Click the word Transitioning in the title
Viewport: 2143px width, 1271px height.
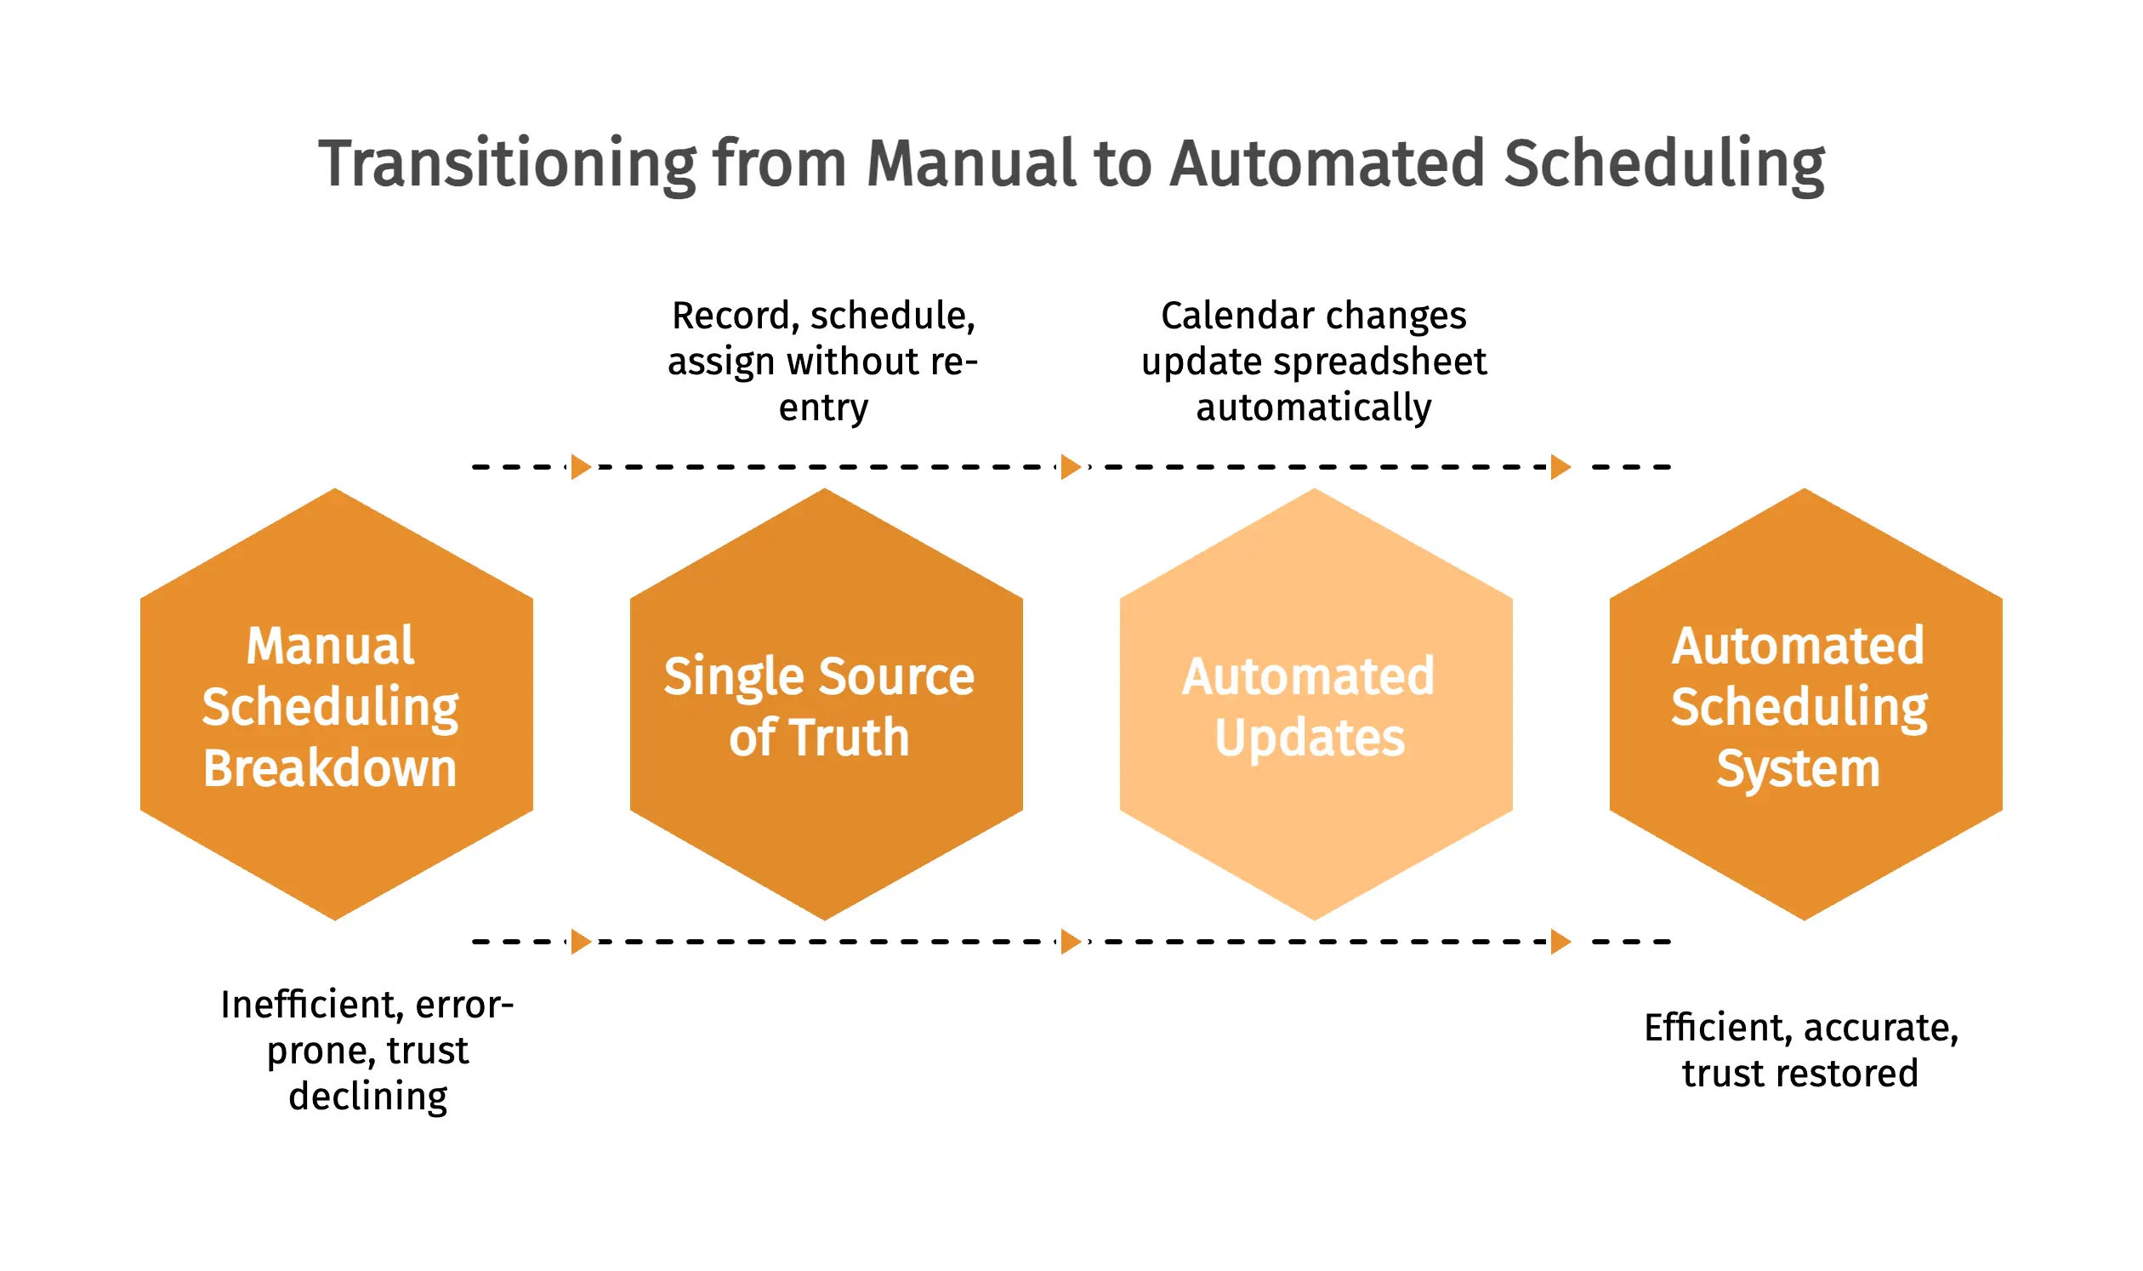[508, 164]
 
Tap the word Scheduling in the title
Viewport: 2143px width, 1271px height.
[1664, 164]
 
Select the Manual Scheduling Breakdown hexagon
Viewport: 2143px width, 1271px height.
[337, 704]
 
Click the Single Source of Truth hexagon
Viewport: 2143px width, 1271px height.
[827, 704]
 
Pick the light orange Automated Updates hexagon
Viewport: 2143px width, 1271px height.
[1316, 704]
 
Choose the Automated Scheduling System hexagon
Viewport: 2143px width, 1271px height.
[1805, 704]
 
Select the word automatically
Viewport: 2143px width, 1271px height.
[1313, 408]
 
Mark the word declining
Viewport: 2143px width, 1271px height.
[368, 1097]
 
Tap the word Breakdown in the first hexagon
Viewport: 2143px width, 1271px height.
[330, 768]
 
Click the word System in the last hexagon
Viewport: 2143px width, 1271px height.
[1798, 768]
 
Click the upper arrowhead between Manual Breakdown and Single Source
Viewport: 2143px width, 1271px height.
[582, 467]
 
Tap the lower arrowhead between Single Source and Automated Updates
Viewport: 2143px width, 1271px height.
[1071, 941]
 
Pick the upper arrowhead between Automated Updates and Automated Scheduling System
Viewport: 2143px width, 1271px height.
[1560, 467]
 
